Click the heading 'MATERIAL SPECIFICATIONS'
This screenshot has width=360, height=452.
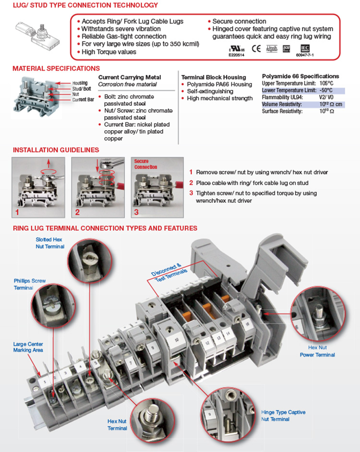(x=56, y=69)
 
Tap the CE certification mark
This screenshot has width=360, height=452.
(x=256, y=48)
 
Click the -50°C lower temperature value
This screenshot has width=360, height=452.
(x=326, y=90)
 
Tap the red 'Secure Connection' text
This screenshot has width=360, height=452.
(x=145, y=164)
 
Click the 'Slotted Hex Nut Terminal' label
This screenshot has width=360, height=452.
(x=49, y=243)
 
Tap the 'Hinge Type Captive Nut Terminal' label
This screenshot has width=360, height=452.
(x=283, y=415)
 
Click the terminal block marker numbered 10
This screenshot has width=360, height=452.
(x=177, y=340)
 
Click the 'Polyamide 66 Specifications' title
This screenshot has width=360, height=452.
(x=300, y=76)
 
